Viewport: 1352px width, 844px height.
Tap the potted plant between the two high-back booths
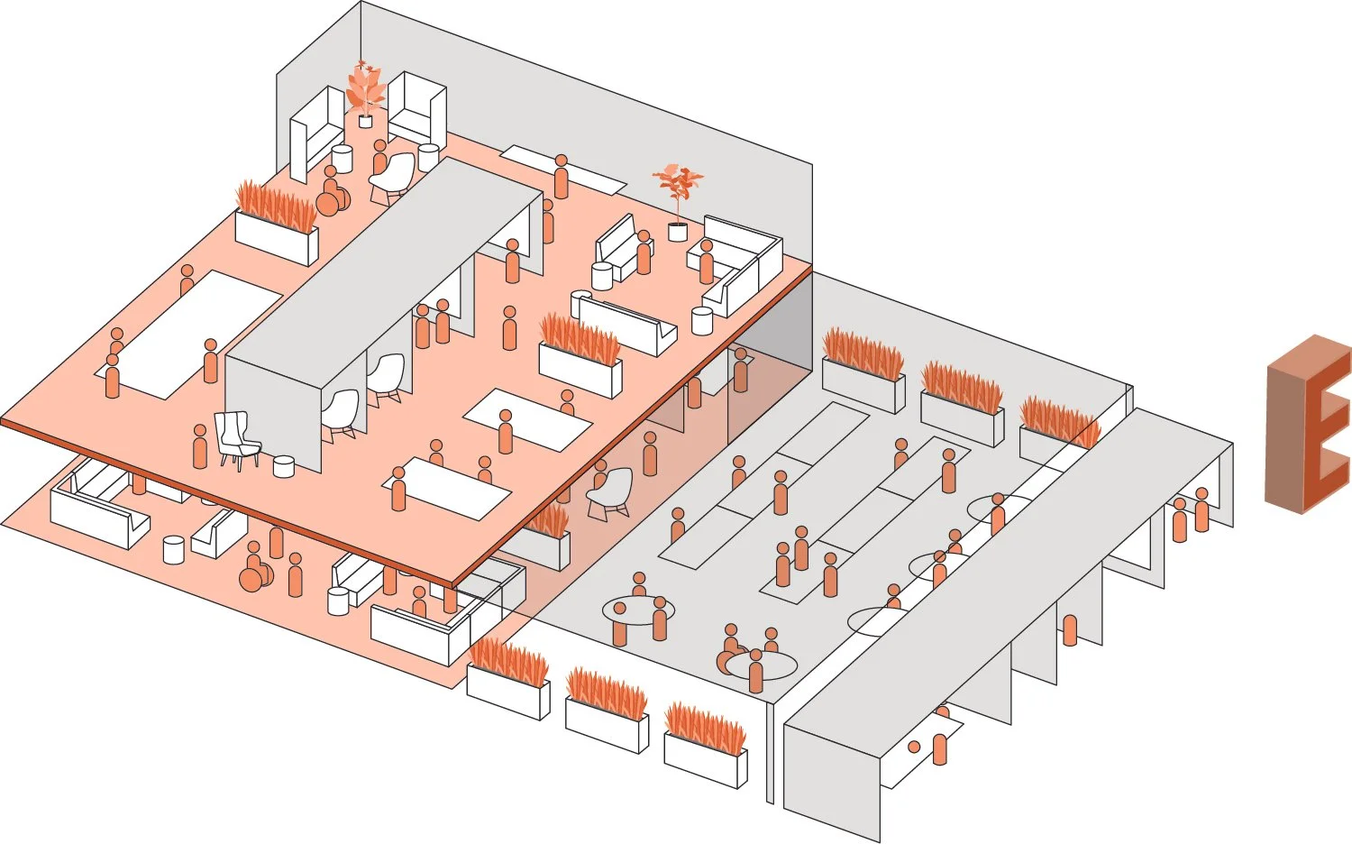(365, 94)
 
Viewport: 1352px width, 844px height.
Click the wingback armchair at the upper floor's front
(236, 439)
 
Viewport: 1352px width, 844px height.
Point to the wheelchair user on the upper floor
(332, 194)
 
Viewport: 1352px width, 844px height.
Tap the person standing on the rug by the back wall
(562, 178)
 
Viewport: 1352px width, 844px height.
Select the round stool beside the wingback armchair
(284, 466)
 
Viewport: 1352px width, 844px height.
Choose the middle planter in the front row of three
(607, 712)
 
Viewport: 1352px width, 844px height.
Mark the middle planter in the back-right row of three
(963, 404)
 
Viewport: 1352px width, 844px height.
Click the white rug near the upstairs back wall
(562, 169)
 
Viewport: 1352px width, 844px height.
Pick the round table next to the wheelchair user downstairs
(762, 665)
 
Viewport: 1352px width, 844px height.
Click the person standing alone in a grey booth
(1070, 629)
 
